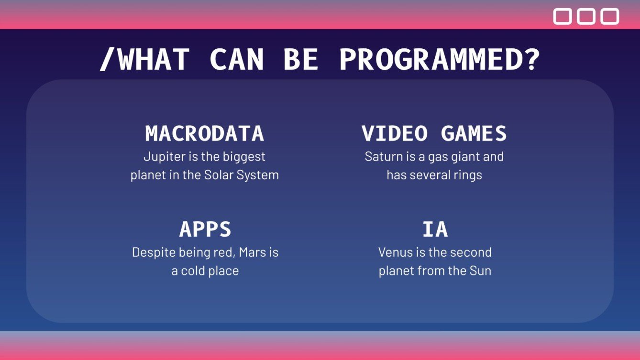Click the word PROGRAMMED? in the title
(440, 60)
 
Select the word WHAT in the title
(153, 60)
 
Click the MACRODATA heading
(205, 133)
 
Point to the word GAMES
(474, 133)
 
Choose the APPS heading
(205, 229)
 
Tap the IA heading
(435, 229)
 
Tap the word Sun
(480, 271)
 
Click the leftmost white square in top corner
(563, 16)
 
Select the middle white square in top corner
(586, 16)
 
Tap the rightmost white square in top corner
(610, 16)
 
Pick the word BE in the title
(301, 60)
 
